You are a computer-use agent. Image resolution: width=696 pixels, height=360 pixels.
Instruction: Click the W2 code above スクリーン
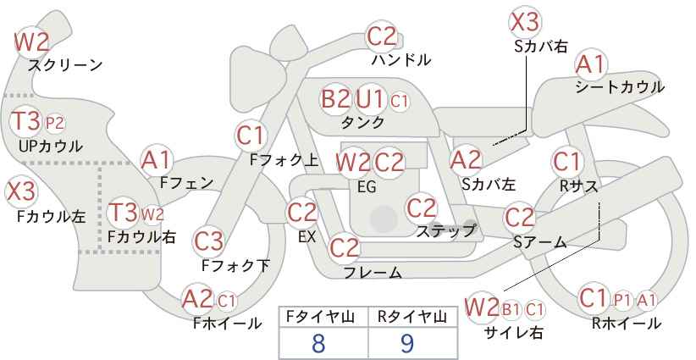[31, 42]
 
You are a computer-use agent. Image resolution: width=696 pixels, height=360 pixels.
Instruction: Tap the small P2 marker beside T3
[55, 124]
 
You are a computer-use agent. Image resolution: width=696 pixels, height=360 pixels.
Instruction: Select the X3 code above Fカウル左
[20, 191]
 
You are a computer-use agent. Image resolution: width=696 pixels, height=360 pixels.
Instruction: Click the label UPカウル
[51, 147]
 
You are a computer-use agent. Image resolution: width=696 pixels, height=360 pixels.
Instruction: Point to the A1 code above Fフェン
[156, 160]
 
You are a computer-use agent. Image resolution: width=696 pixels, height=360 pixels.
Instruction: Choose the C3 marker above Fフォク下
[208, 241]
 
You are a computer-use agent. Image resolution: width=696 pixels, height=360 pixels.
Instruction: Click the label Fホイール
[227, 324]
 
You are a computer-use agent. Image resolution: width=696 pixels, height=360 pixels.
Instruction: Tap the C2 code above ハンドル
[381, 36]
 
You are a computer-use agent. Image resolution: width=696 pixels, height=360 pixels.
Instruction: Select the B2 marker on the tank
[335, 98]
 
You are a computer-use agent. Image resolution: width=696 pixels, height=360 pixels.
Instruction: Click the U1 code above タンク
[369, 98]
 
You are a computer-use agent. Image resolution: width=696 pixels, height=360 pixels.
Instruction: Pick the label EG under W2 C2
[367, 187]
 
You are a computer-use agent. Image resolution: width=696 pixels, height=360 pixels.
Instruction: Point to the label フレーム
[373, 272]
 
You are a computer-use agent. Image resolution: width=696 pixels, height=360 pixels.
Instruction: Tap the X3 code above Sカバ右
[525, 22]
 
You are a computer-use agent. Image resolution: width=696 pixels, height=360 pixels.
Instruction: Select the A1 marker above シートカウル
[591, 65]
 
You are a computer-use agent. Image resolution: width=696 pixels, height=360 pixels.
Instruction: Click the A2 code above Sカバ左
[466, 160]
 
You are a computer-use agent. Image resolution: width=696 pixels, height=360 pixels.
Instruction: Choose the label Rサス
[578, 187]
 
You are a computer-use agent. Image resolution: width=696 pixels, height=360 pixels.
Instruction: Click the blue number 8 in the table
[318, 343]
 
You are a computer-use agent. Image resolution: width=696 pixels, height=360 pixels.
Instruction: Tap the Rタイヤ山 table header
[412, 317]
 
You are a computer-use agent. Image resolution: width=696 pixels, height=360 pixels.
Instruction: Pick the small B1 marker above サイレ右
[511, 309]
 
